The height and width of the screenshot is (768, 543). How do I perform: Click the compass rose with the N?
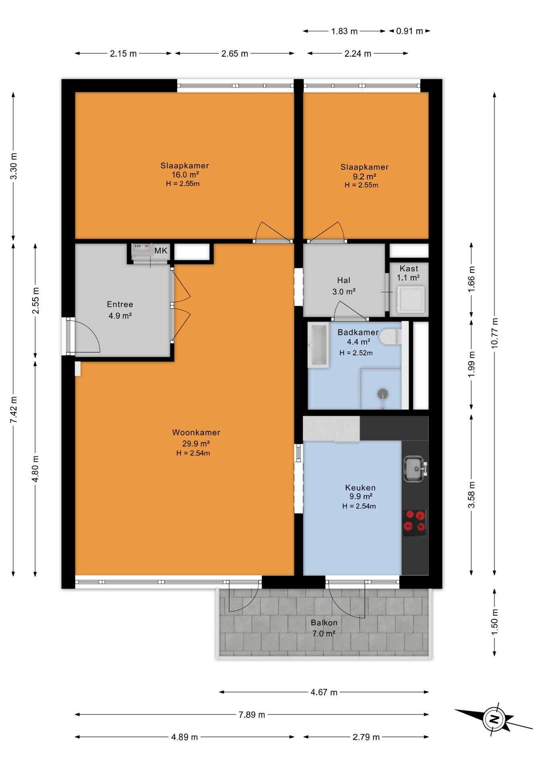pyautogui.click(x=495, y=719)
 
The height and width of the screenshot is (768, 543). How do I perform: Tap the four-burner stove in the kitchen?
pyautogui.click(x=414, y=523)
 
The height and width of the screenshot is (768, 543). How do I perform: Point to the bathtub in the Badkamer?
pyautogui.click(x=318, y=345)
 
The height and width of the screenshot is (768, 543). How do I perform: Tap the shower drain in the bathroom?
pyautogui.click(x=383, y=394)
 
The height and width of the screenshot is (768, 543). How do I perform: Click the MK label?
pyautogui.click(x=161, y=251)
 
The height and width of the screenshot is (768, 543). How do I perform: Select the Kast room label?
pyautogui.click(x=409, y=268)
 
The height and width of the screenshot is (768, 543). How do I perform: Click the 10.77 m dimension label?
pyautogui.click(x=495, y=333)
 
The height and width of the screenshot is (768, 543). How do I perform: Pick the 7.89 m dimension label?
pyautogui.click(x=252, y=714)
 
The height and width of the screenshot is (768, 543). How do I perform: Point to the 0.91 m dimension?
pyautogui.click(x=409, y=31)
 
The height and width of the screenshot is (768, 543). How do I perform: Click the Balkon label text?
pyautogui.click(x=324, y=622)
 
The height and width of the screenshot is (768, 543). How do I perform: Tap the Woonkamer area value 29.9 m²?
pyautogui.click(x=196, y=443)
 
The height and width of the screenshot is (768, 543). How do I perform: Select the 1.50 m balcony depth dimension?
pyautogui.click(x=495, y=622)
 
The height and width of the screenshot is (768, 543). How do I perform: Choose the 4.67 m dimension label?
pyautogui.click(x=324, y=692)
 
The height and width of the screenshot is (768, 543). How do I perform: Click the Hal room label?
pyautogui.click(x=343, y=280)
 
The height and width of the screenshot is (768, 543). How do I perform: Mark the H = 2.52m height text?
pyautogui.click(x=356, y=353)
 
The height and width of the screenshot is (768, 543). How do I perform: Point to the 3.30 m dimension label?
pyautogui.click(x=13, y=166)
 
